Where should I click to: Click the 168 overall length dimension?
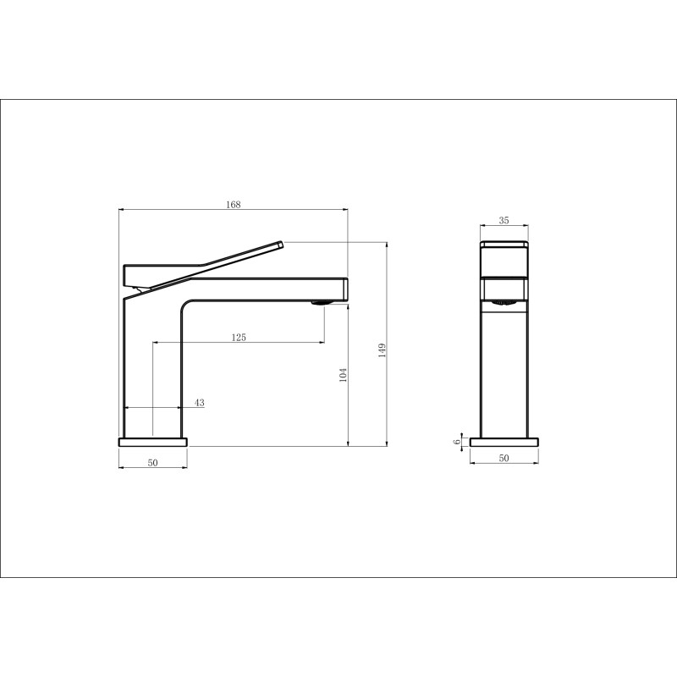point(234,204)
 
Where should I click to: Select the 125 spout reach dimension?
point(239,337)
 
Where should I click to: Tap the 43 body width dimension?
point(199,403)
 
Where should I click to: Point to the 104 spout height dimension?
point(343,375)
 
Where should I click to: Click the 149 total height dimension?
point(382,350)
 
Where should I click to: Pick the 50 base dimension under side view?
point(153,462)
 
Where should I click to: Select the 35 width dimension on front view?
point(504,220)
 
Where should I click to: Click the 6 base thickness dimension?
point(457,442)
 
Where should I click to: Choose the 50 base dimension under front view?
point(504,458)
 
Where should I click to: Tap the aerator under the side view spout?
point(322,303)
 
